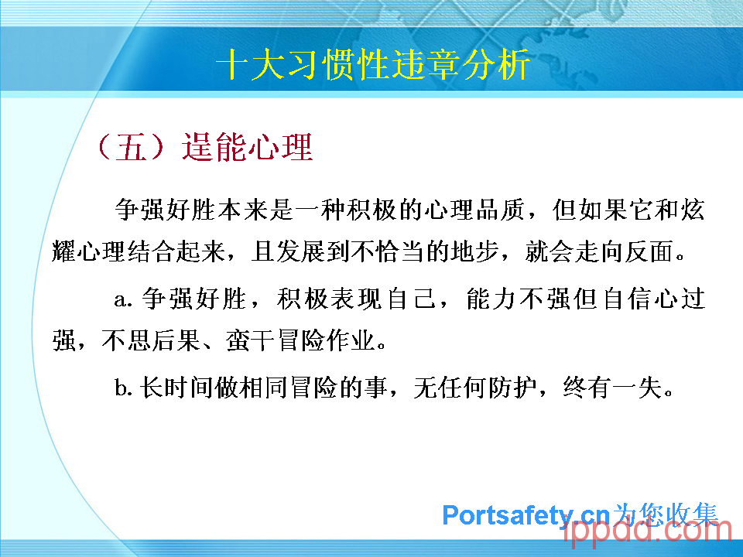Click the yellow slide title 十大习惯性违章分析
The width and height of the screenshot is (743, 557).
373,64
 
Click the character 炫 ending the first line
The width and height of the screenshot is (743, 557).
693,210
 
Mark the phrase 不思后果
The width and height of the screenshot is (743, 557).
151,340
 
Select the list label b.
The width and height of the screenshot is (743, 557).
123,388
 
